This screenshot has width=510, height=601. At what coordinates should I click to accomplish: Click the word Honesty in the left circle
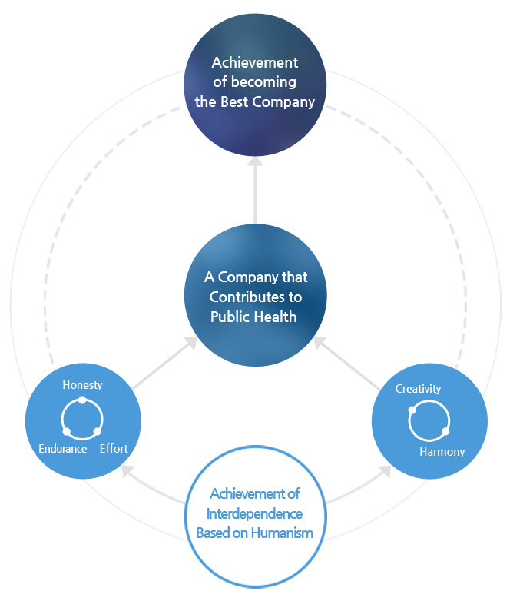82,385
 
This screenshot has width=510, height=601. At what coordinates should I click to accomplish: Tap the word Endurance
63,449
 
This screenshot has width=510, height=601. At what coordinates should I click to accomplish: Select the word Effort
114,449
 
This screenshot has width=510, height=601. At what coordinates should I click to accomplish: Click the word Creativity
418,389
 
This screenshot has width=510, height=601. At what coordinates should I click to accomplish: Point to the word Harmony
442,452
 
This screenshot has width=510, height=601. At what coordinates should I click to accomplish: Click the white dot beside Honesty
82,400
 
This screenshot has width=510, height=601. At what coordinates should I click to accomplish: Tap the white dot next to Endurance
66,431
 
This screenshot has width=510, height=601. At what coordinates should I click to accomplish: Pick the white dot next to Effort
98,431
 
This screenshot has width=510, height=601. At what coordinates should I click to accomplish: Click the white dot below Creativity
412,410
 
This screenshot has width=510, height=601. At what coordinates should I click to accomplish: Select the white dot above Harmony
445,431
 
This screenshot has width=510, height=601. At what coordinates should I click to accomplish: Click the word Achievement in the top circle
255,62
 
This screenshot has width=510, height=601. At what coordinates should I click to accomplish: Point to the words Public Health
254,317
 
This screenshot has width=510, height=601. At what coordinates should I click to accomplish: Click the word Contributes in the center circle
254,297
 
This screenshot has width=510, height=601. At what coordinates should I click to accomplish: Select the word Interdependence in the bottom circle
256,513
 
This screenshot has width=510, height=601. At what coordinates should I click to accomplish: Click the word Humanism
283,533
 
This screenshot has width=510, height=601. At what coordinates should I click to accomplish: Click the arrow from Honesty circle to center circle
164,366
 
